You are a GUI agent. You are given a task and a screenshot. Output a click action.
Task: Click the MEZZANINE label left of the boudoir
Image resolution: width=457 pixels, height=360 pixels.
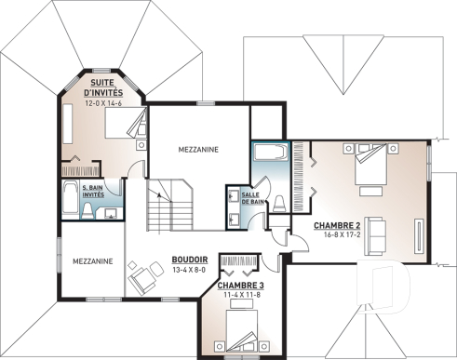point(93,261)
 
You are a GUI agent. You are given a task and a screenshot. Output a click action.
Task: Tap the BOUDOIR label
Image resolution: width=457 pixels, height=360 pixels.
point(189,260)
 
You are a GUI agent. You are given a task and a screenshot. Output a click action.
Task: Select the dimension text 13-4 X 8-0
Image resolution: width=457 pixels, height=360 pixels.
point(189,270)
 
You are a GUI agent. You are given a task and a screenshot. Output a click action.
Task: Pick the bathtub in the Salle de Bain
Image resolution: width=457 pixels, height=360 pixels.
point(270,153)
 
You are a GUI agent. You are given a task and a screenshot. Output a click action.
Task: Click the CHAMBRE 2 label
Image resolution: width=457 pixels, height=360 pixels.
point(337,226)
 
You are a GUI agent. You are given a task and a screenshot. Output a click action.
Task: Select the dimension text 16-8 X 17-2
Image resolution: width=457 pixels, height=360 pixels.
point(337,236)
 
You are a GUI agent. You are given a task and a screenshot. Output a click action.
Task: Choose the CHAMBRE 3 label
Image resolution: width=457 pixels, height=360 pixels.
point(241,285)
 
